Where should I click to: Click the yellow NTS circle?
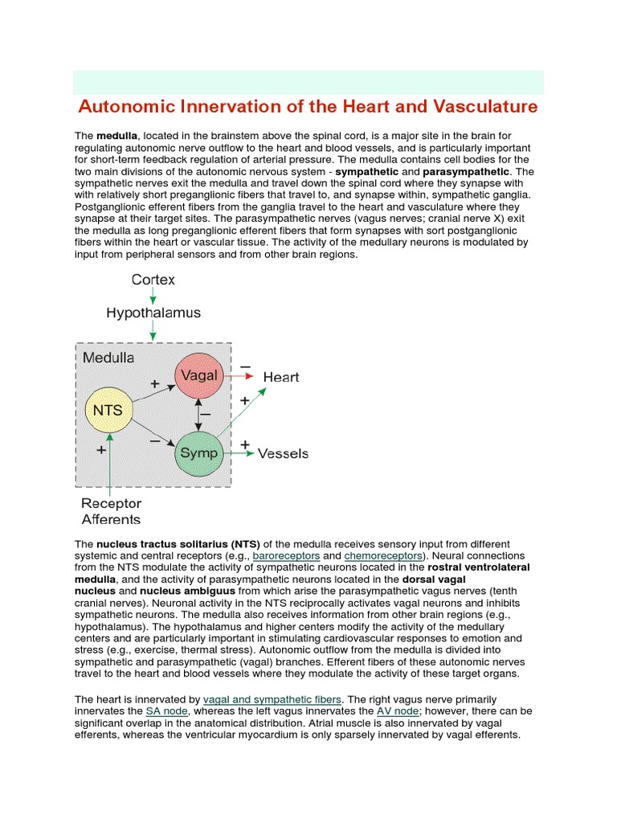click(x=108, y=411)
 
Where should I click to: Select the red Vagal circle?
click(x=198, y=375)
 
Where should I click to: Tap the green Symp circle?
click(x=198, y=452)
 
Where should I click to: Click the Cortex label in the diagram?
click(x=153, y=280)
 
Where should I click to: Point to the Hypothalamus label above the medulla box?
click(x=153, y=313)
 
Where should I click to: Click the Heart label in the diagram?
click(x=281, y=376)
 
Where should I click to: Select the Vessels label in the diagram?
click(x=283, y=453)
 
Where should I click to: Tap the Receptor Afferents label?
click(x=112, y=511)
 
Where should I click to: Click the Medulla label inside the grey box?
click(x=109, y=358)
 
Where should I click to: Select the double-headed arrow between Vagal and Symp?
click(x=198, y=414)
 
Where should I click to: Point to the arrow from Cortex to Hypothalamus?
click(x=153, y=296)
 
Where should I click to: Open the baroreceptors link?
click(x=287, y=556)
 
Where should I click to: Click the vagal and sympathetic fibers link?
click(x=272, y=699)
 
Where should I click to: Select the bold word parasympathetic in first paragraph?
click(x=466, y=172)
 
